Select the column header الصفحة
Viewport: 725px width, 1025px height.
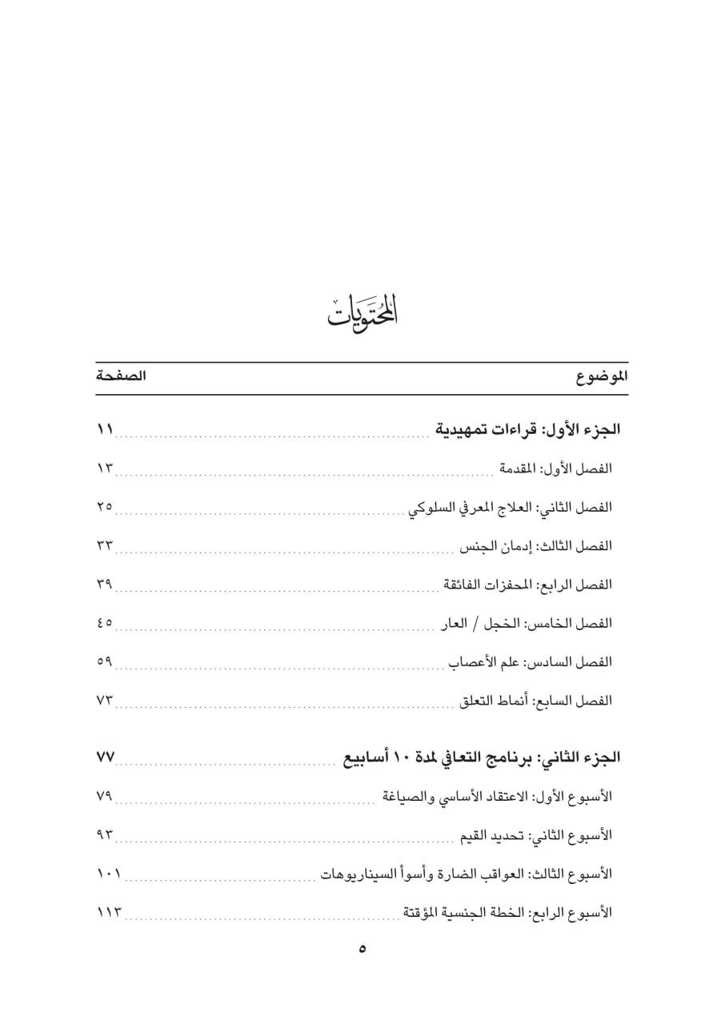pyautogui.click(x=120, y=376)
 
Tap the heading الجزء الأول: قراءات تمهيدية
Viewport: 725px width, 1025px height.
pyautogui.click(x=528, y=430)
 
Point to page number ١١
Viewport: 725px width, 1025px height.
pyautogui.click(x=105, y=431)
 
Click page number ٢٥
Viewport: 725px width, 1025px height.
pyautogui.click(x=105, y=507)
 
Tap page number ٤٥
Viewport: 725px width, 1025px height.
pyautogui.click(x=105, y=623)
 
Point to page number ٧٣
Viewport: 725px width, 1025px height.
pyautogui.click(x=105, y=701)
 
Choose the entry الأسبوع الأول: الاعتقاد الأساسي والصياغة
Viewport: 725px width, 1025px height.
pyautogui.click(x=497, y=796)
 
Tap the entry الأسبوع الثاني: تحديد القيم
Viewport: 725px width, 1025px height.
pyautogui.click(x=536, y=834)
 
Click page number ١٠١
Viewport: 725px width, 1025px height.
pyautogui.click(x=108, y=874)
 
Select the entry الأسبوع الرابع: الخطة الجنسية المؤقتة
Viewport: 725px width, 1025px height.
pyautogui.click(x=507, y=912)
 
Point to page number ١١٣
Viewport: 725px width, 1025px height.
pyautogui.click(x=108, y=912)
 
